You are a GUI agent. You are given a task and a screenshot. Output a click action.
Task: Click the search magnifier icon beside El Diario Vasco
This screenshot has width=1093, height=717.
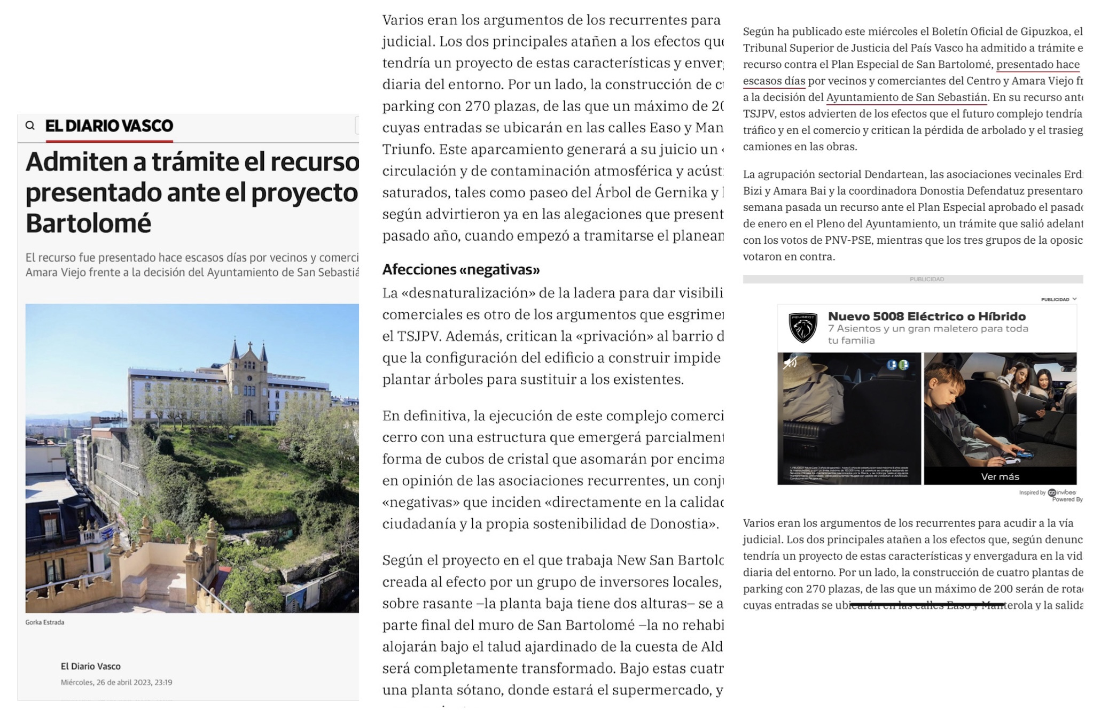30,126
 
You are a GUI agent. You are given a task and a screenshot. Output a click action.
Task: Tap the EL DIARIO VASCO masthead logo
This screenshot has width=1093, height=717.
109,126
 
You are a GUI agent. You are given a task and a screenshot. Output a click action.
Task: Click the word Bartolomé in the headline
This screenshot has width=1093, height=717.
89,223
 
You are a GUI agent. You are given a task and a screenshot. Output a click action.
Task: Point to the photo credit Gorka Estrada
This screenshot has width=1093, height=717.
45,622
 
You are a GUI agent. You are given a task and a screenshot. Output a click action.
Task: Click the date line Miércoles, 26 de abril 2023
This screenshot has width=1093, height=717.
116,682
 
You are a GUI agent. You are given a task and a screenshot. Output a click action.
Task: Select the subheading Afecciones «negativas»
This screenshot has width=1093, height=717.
460,269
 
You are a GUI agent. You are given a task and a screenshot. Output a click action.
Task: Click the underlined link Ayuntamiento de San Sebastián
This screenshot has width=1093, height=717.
907,97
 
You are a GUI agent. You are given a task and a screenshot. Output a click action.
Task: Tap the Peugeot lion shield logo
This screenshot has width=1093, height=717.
802,328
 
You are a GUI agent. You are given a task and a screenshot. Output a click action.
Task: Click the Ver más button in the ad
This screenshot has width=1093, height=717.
1000,476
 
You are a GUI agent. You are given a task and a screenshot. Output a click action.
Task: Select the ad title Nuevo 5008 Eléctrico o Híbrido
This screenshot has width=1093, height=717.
927,317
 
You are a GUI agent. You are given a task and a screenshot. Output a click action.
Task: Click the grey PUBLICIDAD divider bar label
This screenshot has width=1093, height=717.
927,279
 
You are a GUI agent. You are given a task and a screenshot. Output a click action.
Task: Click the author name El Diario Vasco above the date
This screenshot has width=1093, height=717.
91,666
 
